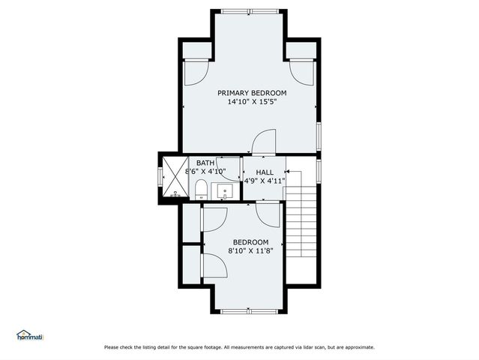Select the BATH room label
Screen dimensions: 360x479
[205, 163]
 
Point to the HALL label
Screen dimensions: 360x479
[265, 172]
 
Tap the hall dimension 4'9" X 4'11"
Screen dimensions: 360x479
[265, 181]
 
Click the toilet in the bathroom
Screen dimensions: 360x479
[200, 194]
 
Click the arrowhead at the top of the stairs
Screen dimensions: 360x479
[288, 172]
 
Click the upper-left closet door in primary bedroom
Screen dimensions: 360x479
[193, 72]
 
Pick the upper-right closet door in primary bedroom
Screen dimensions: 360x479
[301, 72]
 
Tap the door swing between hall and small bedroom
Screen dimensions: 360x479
[268, 213]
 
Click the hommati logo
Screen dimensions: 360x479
[30, 334]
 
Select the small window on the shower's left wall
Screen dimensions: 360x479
[159, 176]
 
